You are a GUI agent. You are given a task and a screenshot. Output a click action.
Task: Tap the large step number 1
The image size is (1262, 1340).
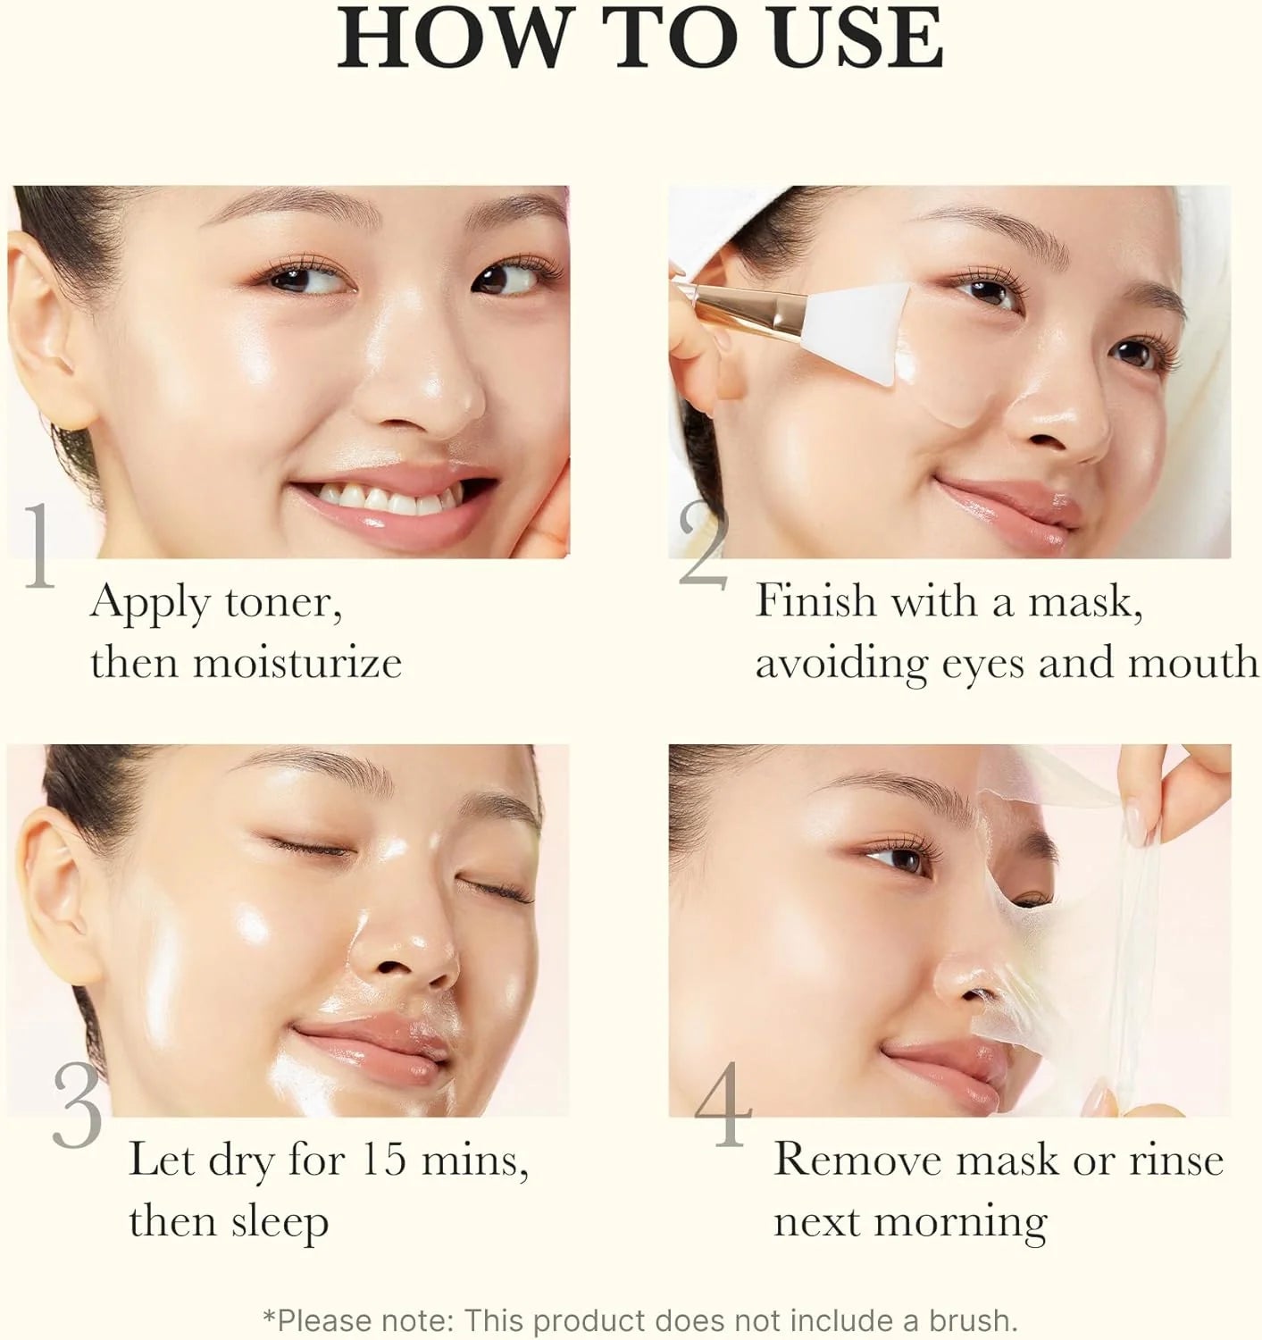pos(38,547)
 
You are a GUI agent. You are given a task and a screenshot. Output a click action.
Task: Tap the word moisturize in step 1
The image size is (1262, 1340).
pos(297,662)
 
